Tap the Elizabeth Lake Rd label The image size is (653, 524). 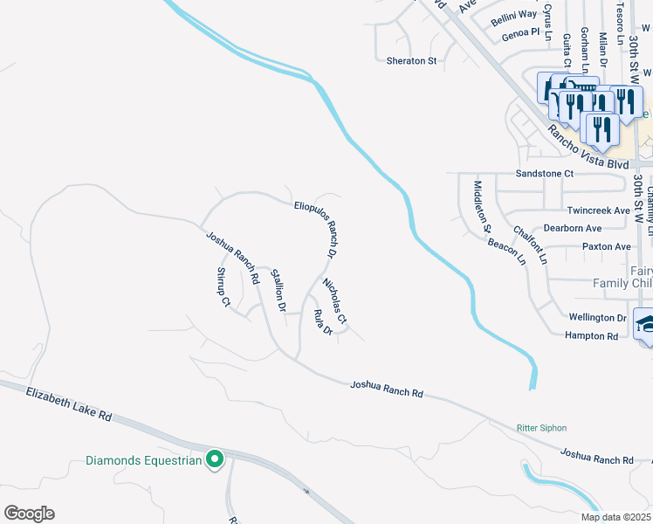(69, 403)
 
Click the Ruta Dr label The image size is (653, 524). (323, 322)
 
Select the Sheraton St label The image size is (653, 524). (411, 61)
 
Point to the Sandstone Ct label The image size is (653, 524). (545, 174)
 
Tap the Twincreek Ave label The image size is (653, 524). (598, 210)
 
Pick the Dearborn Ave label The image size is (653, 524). (574, 228)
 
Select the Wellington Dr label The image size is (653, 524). (598, 318)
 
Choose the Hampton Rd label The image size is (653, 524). (592, 335)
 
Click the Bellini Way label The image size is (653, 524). (512, 15)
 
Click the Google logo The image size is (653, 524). (29, 513)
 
